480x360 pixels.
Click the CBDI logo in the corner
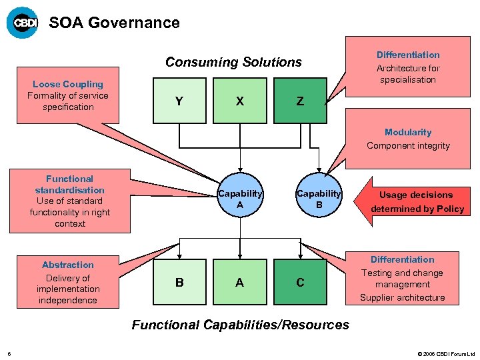(22, 23)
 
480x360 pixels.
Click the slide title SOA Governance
(114, 23)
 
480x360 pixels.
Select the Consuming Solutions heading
(233, 62)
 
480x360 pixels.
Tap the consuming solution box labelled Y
(179, 101)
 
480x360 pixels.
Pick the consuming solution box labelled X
(239, 101)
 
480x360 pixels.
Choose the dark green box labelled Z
(300, 101)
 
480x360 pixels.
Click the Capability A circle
(240, 199)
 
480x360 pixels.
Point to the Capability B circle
(319, 199)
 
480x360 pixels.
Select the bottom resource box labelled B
(179, 283)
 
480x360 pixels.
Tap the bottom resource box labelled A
(239, 283)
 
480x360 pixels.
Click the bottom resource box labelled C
(300, 283)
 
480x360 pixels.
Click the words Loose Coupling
(68, 84)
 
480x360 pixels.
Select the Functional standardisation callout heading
(69, 184)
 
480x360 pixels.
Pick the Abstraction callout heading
(68, 265)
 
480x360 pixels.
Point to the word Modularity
(408, 132)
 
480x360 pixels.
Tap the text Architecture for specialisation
(408, 73)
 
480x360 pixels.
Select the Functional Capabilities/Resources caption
(240, 325)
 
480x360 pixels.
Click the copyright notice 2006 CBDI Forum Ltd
(446, 353)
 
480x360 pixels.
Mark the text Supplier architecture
(402, 297)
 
